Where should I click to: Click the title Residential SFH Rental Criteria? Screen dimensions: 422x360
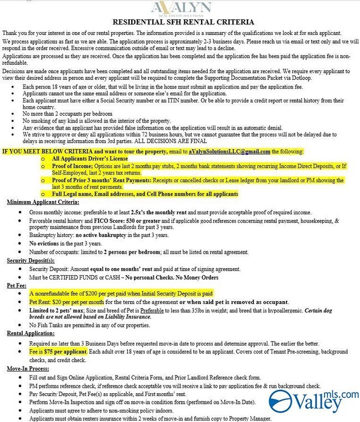click(x=183, y=23)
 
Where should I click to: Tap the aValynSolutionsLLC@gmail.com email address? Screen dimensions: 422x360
click(x=229, y=151)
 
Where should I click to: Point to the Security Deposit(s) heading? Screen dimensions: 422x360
click(x=30, y=260)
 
